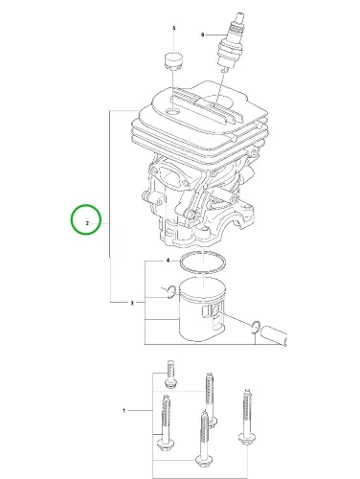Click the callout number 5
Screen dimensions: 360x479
click(x=174, y=28)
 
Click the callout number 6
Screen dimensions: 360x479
click(x=202, y=34)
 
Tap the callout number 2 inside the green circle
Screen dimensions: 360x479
click(x=87, y=223)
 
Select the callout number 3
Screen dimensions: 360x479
click(x=132, y=303)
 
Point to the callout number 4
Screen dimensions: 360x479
click(x=169, y=261)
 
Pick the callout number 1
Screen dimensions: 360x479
click(x=124, y=410)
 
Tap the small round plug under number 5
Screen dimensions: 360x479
click(x=173, y=60)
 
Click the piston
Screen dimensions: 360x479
click(x=202, y=309)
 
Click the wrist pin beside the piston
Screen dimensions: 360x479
click(x=274, y=335)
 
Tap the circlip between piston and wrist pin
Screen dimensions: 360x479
click(x=256, y=327)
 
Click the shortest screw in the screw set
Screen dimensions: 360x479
click(x=170, y=375)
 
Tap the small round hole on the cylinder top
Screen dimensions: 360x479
click(x=173, y=112)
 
